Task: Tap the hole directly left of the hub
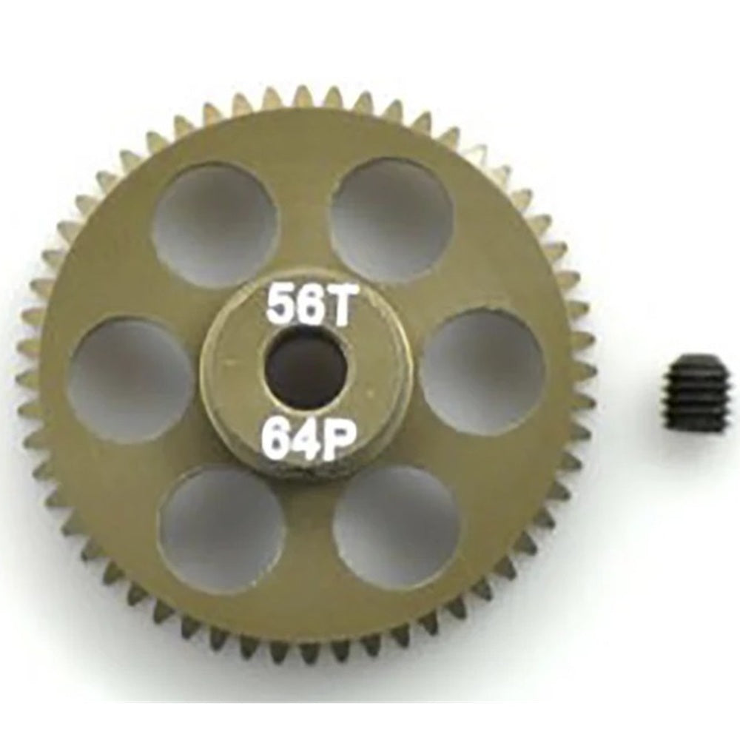point(130,380)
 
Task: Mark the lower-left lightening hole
point(221,521)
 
